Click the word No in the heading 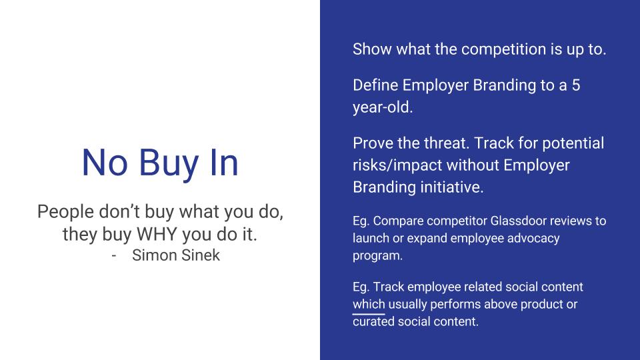105,163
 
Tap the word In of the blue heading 224,163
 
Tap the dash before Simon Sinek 114,256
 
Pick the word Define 375,85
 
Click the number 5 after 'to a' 575,85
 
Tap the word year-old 383,107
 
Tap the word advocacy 533,239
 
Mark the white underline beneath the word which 369,314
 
